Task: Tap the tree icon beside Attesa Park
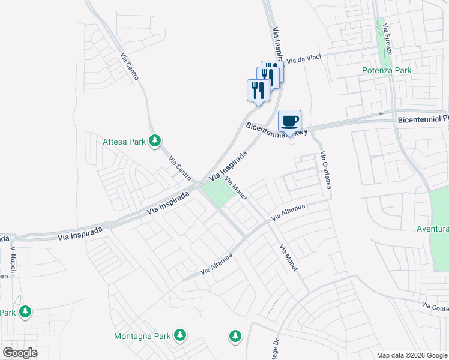click(x=155, y=142)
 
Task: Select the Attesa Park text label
click(x=124, y=142)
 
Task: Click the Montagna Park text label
click(x=143, y=335)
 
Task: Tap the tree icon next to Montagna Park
click(x=179, y=335)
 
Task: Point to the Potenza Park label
click(x=387, y=70)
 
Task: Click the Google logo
click(x=20, y=353)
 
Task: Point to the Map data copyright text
click(x=411, y=355)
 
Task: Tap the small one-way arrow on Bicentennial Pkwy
click(x=381, y=113)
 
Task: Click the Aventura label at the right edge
click(x=433, y=229)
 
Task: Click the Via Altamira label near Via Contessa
click(x=289, y=212)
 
